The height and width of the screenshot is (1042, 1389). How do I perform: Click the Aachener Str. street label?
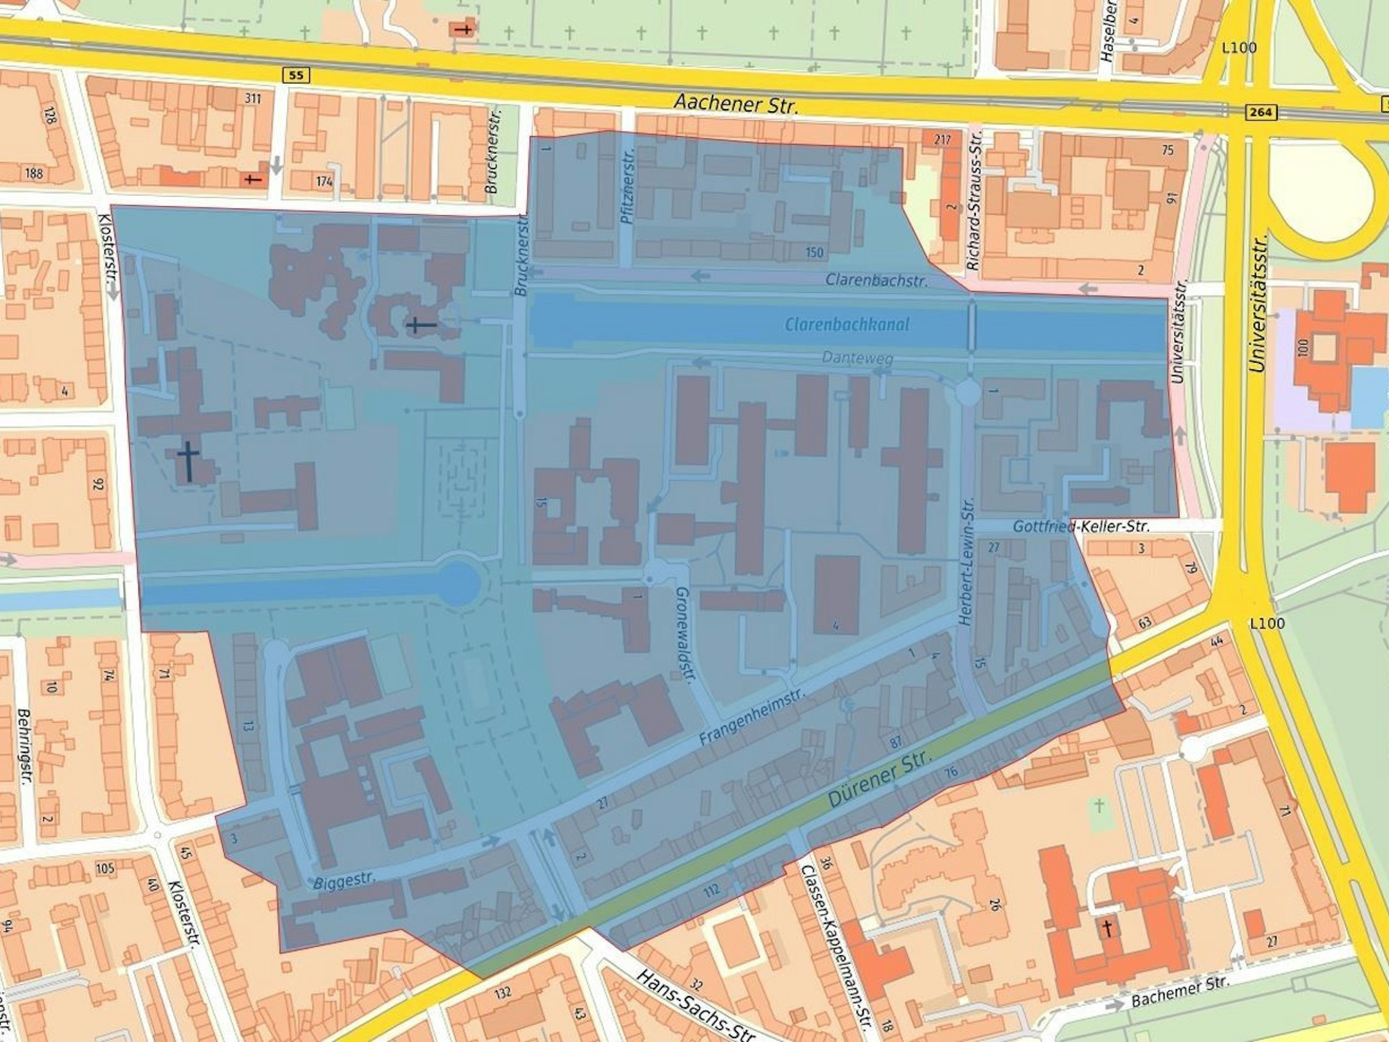point(736,104)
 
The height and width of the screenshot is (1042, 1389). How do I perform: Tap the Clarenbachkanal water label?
point(847,324)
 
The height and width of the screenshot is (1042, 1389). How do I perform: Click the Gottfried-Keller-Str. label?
point(1081,527)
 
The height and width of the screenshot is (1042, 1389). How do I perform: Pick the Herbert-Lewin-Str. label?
point(967,561)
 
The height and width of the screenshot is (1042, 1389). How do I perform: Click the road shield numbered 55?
point(296,75)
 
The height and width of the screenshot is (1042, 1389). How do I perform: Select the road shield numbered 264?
point(1260,112)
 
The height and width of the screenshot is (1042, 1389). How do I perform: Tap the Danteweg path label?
point(857,358)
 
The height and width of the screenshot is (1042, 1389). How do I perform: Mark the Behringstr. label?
point(24,745)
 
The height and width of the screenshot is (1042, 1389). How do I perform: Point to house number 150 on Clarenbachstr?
point(814,252)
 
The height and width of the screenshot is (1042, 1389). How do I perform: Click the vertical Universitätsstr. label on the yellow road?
point(1259,304)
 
